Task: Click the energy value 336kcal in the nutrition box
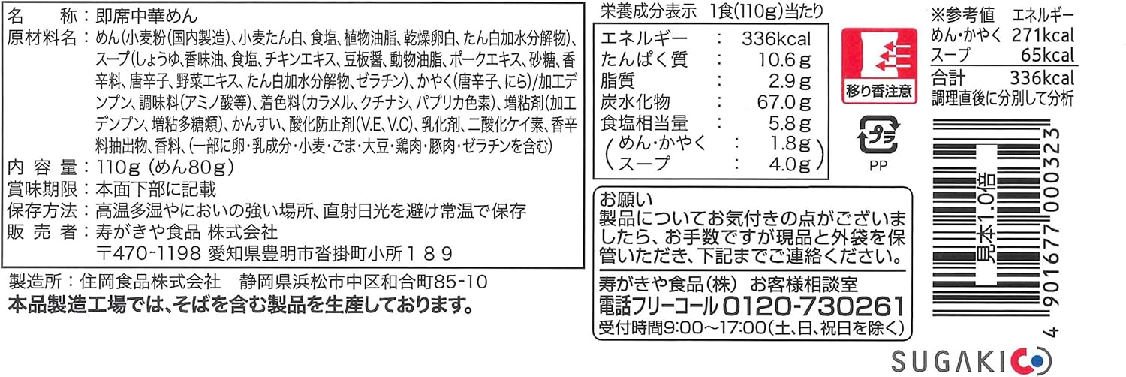point(774,38)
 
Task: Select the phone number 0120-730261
point(811,306)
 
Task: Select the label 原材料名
point(42,38)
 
